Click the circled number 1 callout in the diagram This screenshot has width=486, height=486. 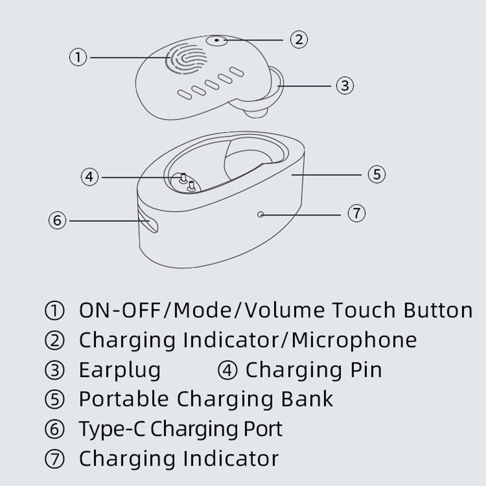tap(78, 57)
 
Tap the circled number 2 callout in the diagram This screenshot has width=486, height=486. tap(299, 39)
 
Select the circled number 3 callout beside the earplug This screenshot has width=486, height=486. tap(345, 86)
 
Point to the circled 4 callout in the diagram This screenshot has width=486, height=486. tap(89, 177)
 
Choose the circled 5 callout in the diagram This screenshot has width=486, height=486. tap(377, 174)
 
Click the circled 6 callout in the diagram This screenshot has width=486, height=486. tap(57, 220)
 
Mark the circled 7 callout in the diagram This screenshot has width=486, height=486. tap(356, 213)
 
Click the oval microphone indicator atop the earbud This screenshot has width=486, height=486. tap(217, 40)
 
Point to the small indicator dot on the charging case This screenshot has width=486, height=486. tap(260, 214)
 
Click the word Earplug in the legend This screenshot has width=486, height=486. tap(120, 370)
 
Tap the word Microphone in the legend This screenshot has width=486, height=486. tap(354, 340)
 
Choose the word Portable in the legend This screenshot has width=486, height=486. tap(123, 399)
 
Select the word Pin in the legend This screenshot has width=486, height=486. tap(366, 370)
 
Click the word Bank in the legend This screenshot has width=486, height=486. tap(307, 399)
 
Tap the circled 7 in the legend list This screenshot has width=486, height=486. tap(54, 459)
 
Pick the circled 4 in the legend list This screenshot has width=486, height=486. tap(227, 370)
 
